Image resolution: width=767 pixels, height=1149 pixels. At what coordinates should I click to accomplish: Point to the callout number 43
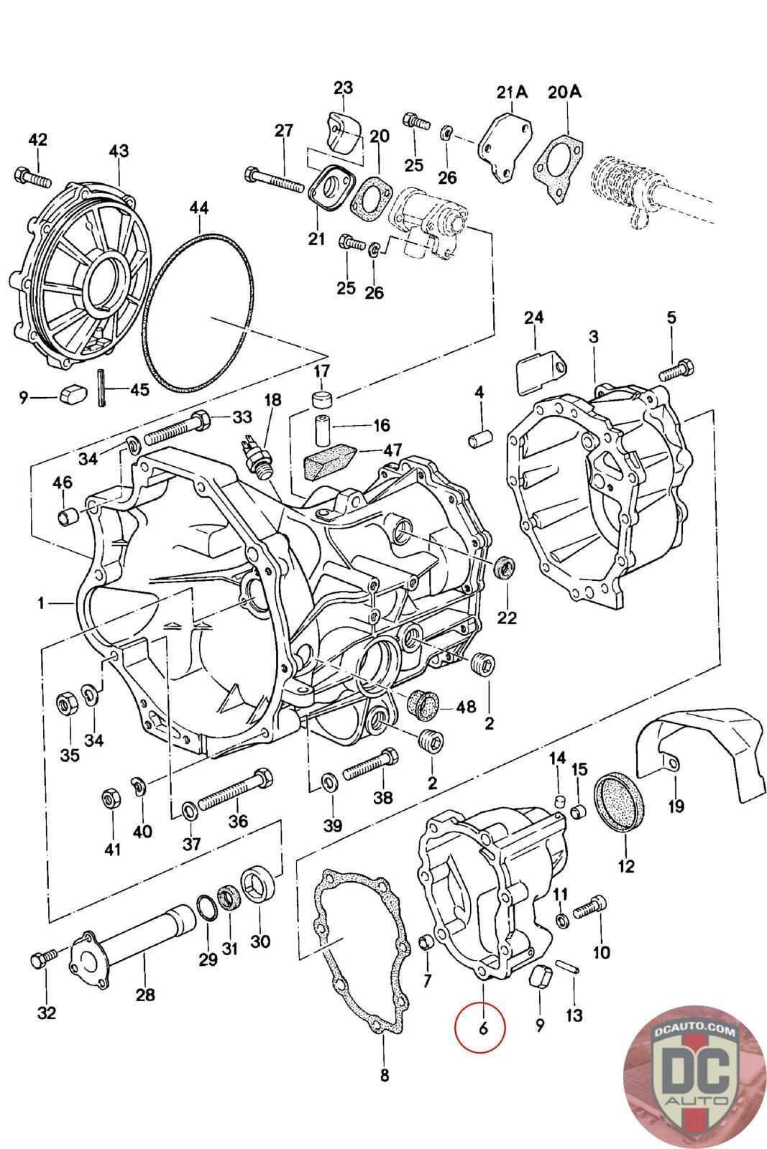pyautogui.click(x=119, y=151)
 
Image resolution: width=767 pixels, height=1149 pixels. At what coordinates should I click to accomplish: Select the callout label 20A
pyautogui.click(x=565, y=92)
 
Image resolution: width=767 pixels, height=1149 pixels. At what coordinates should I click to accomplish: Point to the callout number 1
pyautogui.click(x=42, y=604)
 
